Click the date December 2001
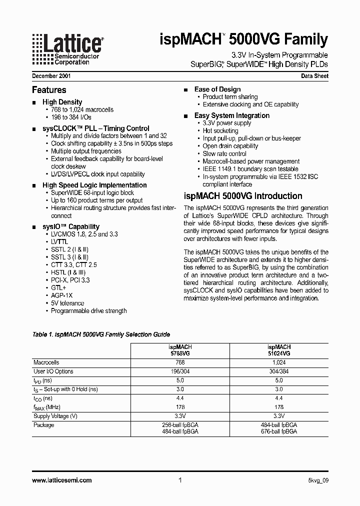click(52, 76)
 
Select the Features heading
click(49, 90)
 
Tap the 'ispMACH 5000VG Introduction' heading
click(243, 196)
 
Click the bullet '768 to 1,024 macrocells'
click(82, 109)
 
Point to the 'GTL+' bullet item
click(58, 288)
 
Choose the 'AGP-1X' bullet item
click(62, 295)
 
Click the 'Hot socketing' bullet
click(220, 130)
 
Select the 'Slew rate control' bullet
click(224, 154)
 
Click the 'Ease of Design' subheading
click(217, 89)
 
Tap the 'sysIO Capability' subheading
click(70, 226)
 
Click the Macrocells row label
click(46, 362)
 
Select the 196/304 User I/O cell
click(180, 371)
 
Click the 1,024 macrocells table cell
click(279, 362)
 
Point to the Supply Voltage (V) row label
click(55, 416)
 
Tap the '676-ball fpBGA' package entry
click(279, 431)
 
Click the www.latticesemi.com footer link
click(62, 480)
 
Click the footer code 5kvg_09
click(318, 480)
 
